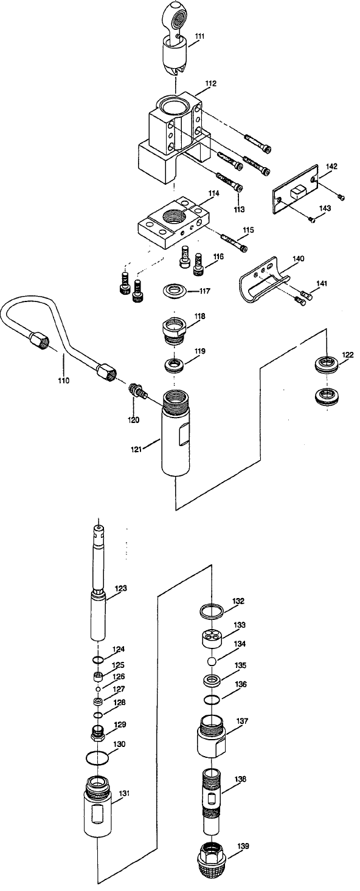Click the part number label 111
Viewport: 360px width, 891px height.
[x=199, y=37]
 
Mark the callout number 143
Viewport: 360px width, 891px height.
[x=325, y=208]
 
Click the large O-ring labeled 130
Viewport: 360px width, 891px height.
[x=98, y=757]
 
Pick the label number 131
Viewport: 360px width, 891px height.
[x=124, y=793]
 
